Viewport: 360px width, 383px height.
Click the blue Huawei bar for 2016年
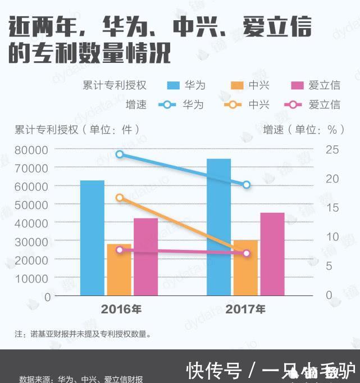pos(92,238)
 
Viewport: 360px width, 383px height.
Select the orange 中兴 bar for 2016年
pos(119,270)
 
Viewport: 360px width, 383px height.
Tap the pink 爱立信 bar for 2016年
pos(145,257)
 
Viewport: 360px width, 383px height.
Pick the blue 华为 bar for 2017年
pos(218,227)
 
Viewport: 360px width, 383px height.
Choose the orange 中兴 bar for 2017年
pos(245,268)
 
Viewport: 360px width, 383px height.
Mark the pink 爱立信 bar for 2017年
pos(272,254)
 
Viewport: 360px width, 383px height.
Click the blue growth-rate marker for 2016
pos(119,154)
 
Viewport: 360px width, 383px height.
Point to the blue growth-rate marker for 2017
pos(246,185)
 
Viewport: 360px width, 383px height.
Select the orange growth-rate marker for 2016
pos(119,198)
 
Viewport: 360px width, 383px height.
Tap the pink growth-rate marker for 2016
pos(119,250)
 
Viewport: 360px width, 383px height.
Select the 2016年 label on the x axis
pos(121,309)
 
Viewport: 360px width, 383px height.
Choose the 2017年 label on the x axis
pos(245,309)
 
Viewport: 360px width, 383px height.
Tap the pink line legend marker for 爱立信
pos(293,104)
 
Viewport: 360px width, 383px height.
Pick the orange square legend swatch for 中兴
pos(236,85)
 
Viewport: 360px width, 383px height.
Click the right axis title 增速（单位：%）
pos(303,129)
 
